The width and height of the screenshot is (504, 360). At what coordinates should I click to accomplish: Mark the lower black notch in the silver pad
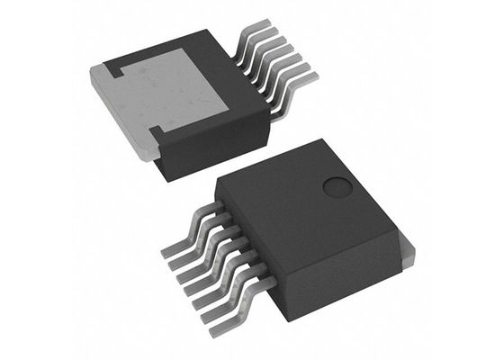point(155,135)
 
